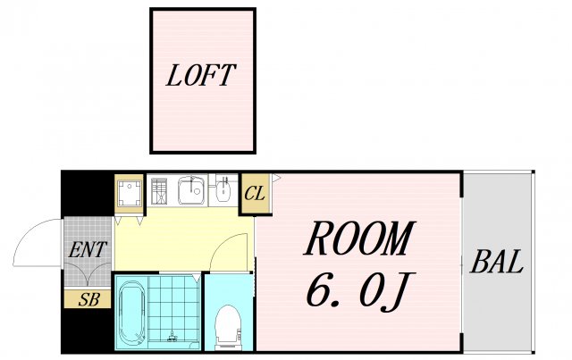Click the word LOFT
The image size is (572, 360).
click(x=201, y=76)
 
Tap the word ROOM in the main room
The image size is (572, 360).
click(x=359, y=238)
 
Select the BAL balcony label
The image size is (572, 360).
click(x=497, y=262)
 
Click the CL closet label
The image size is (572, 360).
click(x=255, y=194)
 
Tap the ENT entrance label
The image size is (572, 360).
click(x=88, y=250)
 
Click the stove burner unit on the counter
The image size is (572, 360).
click(x=159, y=190)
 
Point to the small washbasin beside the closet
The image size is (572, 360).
click(x=223, y=191)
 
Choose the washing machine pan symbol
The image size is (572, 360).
click(x=129, y=193)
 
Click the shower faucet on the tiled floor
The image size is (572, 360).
click(x=172, y=336)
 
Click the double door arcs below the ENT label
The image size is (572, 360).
click(x=88, y=272)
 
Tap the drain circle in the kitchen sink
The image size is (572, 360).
click(x=197, y=191)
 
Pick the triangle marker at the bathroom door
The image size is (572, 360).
click(x=197, y=278)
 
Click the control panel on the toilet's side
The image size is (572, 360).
click(x=240, y=333)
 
